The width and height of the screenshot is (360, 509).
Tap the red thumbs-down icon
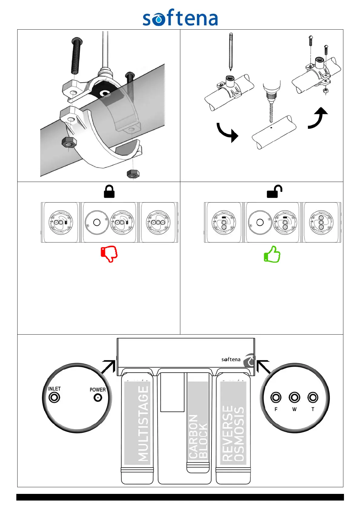(109, 254)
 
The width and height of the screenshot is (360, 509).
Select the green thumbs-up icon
(272, 254)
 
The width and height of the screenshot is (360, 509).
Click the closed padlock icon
(109, 192)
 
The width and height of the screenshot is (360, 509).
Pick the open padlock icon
(274, 192)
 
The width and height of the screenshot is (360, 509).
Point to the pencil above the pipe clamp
(231, 51)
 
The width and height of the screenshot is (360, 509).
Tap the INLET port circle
(54, 397)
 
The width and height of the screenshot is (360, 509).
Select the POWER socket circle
(98, 398)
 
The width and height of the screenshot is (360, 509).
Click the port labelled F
(276, 397)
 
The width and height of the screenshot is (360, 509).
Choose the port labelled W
(294, 397)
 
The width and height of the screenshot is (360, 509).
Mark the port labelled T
(313, 397)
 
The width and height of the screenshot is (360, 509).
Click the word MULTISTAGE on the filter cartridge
(143, 423)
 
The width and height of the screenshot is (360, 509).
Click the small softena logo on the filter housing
(231, 359)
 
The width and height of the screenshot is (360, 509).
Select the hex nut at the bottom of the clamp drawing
(133, 174)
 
